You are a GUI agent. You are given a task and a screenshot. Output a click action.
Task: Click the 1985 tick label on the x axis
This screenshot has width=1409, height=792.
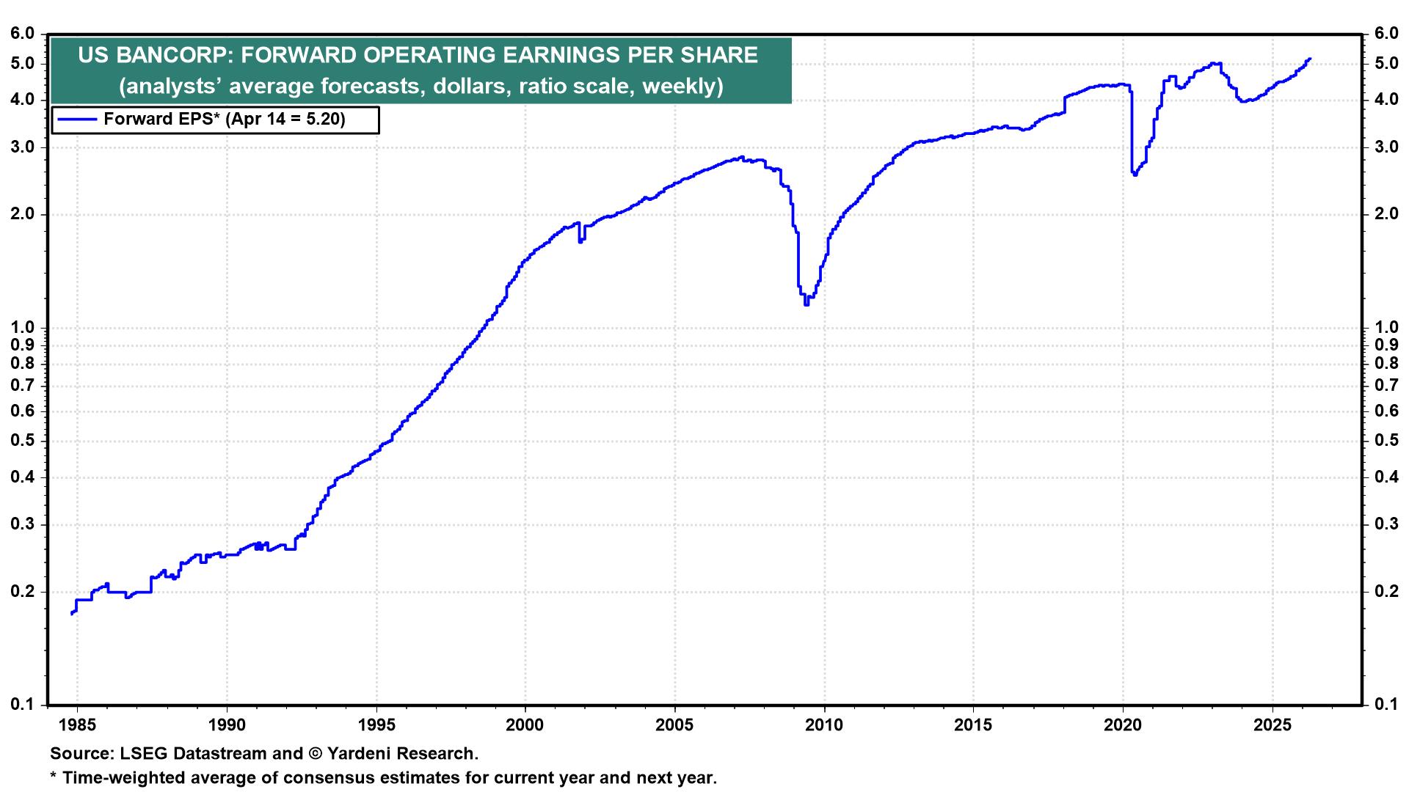(77, 725)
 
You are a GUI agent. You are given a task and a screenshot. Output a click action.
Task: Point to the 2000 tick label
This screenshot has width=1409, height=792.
(525, 725)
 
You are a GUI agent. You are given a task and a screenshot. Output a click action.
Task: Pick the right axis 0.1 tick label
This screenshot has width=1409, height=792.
(1386, 705)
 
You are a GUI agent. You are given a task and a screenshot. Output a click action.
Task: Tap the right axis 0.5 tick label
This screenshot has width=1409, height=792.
(1386, 440)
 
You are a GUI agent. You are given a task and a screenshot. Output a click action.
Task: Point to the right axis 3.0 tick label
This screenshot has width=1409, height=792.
(1386, 147)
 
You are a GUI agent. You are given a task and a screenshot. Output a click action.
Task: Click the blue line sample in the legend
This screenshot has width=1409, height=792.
(76, 120)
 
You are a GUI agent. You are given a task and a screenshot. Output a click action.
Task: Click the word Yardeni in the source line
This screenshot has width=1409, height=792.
(359, 753)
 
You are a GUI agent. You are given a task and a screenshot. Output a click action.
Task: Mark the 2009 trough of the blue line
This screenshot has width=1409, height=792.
(807, 303)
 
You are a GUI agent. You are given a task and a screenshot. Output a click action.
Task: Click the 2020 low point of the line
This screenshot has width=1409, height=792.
(1135, 175)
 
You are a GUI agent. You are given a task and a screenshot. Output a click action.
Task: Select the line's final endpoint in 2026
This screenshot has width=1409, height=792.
(1310, 59)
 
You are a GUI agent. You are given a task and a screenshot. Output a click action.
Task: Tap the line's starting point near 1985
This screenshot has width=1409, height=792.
(72, 614)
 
